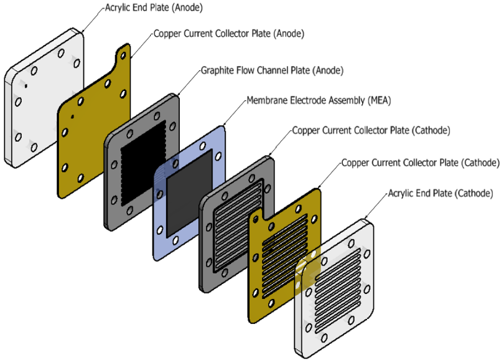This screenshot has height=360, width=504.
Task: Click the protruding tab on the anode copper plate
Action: point(121,55)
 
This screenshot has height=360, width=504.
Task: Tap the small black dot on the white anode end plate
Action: point(26,88)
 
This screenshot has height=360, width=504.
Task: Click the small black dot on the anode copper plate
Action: point(73,116)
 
